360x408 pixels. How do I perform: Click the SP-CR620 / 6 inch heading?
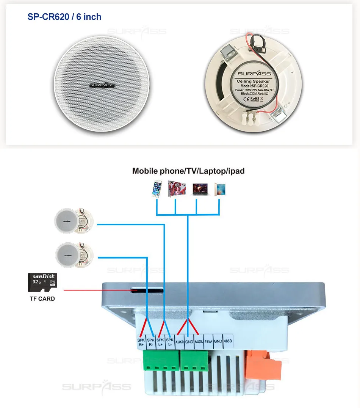(64, 17)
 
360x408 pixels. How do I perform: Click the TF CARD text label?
(42, 299)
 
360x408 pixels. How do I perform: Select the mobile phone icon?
(156, 190)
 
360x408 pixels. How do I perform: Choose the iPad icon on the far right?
(220, 189)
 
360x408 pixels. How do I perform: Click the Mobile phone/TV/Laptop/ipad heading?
(188, 171)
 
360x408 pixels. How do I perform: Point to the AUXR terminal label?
(180, 342)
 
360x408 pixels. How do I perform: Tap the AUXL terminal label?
(199, 342)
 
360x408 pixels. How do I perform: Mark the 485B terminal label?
(228, 342)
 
